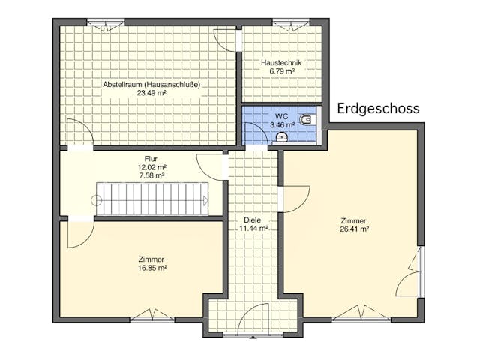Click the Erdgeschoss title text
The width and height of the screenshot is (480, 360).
[x=378, y=109]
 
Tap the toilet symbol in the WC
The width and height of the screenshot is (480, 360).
[x=305, y=120]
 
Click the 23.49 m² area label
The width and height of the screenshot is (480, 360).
[x=151, y=94]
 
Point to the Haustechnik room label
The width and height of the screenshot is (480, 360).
[x=281, y=62]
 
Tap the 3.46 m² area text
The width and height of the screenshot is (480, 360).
[x=282, y=126]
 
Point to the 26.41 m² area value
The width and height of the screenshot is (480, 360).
[x=353, y=230]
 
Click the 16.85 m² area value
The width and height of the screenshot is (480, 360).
[x=151, y=268]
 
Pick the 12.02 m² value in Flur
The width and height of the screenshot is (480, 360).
[x=151, y=167]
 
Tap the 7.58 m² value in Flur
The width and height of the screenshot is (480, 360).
[x=151, y=175]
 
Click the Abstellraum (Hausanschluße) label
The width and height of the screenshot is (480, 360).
[x=151, y=84]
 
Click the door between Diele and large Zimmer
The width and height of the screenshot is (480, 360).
[x=293, y=199]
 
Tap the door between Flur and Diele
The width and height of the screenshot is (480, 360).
[x=213, y=165]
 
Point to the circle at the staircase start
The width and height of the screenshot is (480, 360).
[x=96, y=200]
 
